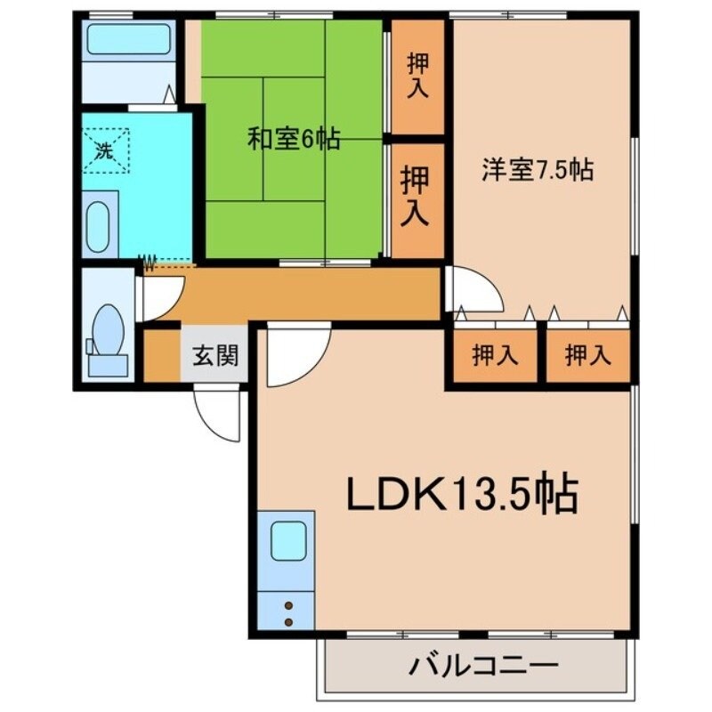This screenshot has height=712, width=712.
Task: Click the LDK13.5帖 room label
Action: (462, 495)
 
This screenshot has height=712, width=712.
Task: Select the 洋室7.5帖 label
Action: (538, 170)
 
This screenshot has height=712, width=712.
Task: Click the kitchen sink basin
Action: (288, 541)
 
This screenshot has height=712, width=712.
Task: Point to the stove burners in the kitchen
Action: (288, 612)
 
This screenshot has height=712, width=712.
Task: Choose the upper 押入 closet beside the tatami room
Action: (417, 76)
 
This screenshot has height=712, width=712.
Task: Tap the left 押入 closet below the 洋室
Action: (494, 356)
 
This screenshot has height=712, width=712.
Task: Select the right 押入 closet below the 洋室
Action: (587, 356)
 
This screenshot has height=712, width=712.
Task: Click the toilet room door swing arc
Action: (162, 297)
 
